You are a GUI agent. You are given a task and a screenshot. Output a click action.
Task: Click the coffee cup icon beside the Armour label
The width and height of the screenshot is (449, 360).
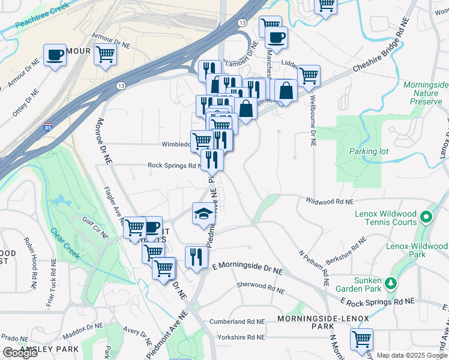(55, 55)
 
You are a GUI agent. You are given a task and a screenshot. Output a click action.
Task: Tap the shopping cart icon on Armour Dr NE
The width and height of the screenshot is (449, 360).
(105, 55)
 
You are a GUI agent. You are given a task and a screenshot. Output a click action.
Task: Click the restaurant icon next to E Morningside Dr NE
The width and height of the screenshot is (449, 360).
(196, 257)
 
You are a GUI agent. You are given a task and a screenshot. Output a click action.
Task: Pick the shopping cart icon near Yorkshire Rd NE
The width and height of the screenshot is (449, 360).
(361, 340)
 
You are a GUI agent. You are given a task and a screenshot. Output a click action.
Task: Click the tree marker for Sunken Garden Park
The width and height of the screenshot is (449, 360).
(391, 282)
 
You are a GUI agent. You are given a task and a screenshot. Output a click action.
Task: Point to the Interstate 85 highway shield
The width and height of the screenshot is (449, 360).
(47, 127)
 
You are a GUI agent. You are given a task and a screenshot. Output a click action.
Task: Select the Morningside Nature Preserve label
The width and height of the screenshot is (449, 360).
(426, 94)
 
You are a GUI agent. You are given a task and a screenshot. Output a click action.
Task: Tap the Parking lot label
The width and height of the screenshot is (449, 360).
(369, 151)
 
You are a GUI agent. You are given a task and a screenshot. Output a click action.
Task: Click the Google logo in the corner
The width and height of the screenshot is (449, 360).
(20, 353)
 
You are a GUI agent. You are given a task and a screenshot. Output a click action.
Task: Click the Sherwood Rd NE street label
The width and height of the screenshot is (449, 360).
(261, 289)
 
